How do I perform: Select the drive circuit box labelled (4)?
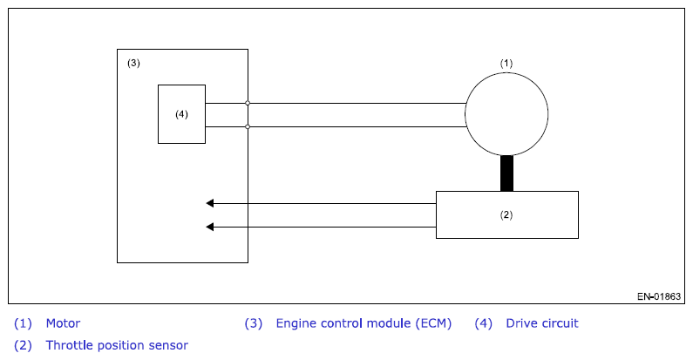click(159, 114)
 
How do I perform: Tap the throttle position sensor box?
click(436, 214)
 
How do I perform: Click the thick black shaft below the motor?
click(506, 173)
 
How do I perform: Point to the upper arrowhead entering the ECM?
click(210, 203)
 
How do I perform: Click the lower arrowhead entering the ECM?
click(210, 227)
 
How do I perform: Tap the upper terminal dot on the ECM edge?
click(248, 103)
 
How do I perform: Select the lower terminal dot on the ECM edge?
click(248, 126)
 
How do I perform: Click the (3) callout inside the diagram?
click(133, 63)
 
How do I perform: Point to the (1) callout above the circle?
click(506, 63)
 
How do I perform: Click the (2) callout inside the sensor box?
click(506, 214)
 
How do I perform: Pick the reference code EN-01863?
click(659, 296)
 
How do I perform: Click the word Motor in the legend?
click(64, 323)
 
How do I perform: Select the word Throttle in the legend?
click(70, 345)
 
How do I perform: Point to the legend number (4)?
click(484, 323)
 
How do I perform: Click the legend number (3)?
click(254, 323)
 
